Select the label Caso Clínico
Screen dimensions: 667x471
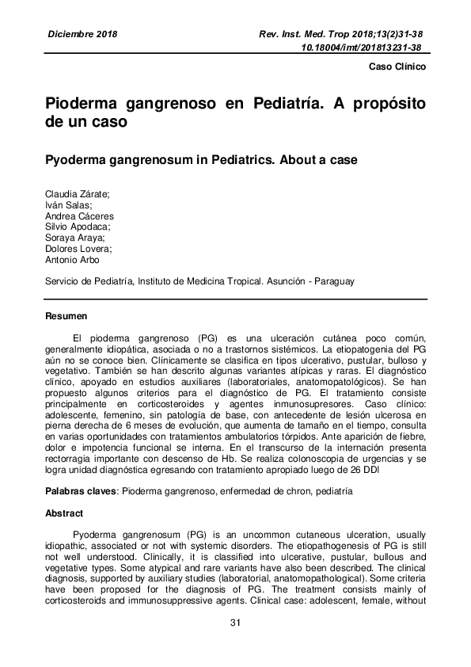398,67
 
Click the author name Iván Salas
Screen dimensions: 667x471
68,205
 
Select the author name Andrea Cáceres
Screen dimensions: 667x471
79,215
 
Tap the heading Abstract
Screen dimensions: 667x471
64,513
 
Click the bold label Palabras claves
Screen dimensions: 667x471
81,492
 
